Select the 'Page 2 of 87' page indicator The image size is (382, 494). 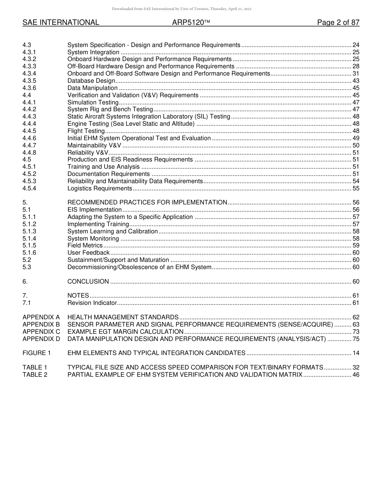click(x=338, y=22)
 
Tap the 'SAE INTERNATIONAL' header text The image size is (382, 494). click(x=61, y=22)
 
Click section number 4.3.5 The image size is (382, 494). click(x=29, y=81)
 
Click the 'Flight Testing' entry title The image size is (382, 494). click(x=86, y=131)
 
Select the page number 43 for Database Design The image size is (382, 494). click(x=355, y=81)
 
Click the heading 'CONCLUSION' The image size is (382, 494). click(x=88, y=282)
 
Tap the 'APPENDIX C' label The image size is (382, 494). click(x=41, y=332)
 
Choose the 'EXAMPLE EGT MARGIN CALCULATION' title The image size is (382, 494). click(x=125, y=332)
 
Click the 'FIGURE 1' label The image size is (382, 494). click(x=37, y=353)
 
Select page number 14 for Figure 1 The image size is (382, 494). click(x=355, y=353)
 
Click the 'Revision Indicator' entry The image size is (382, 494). click(x=92, y=303)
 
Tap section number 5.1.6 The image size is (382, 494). click(x=29, y=253)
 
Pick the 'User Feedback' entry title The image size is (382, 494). click(x=88, y=253)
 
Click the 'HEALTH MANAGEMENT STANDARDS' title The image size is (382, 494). click(x=123, y=317)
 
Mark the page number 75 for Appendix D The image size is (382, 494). click(x=355, y=339)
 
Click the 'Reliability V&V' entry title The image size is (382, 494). click(x=88, y=153)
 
